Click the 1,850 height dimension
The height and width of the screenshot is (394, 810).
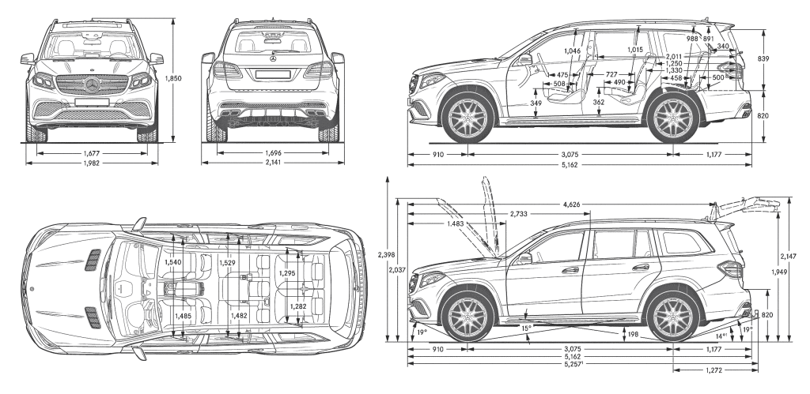point(176,78)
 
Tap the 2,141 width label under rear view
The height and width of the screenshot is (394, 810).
point(273,163)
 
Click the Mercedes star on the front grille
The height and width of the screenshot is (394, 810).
point(93,85)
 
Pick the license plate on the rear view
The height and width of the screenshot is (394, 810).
point(274,73)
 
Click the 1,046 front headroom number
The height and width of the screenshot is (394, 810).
point(573,51)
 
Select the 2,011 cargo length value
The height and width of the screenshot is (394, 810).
point(674,57)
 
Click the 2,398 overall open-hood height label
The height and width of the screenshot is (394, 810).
point(387,254)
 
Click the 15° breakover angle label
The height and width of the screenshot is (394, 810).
point(525,327)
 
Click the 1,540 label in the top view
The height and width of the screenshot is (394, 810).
point(173,262)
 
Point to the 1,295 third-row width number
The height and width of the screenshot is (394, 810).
point(287,273)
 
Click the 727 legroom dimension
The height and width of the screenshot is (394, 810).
point(611,73)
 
